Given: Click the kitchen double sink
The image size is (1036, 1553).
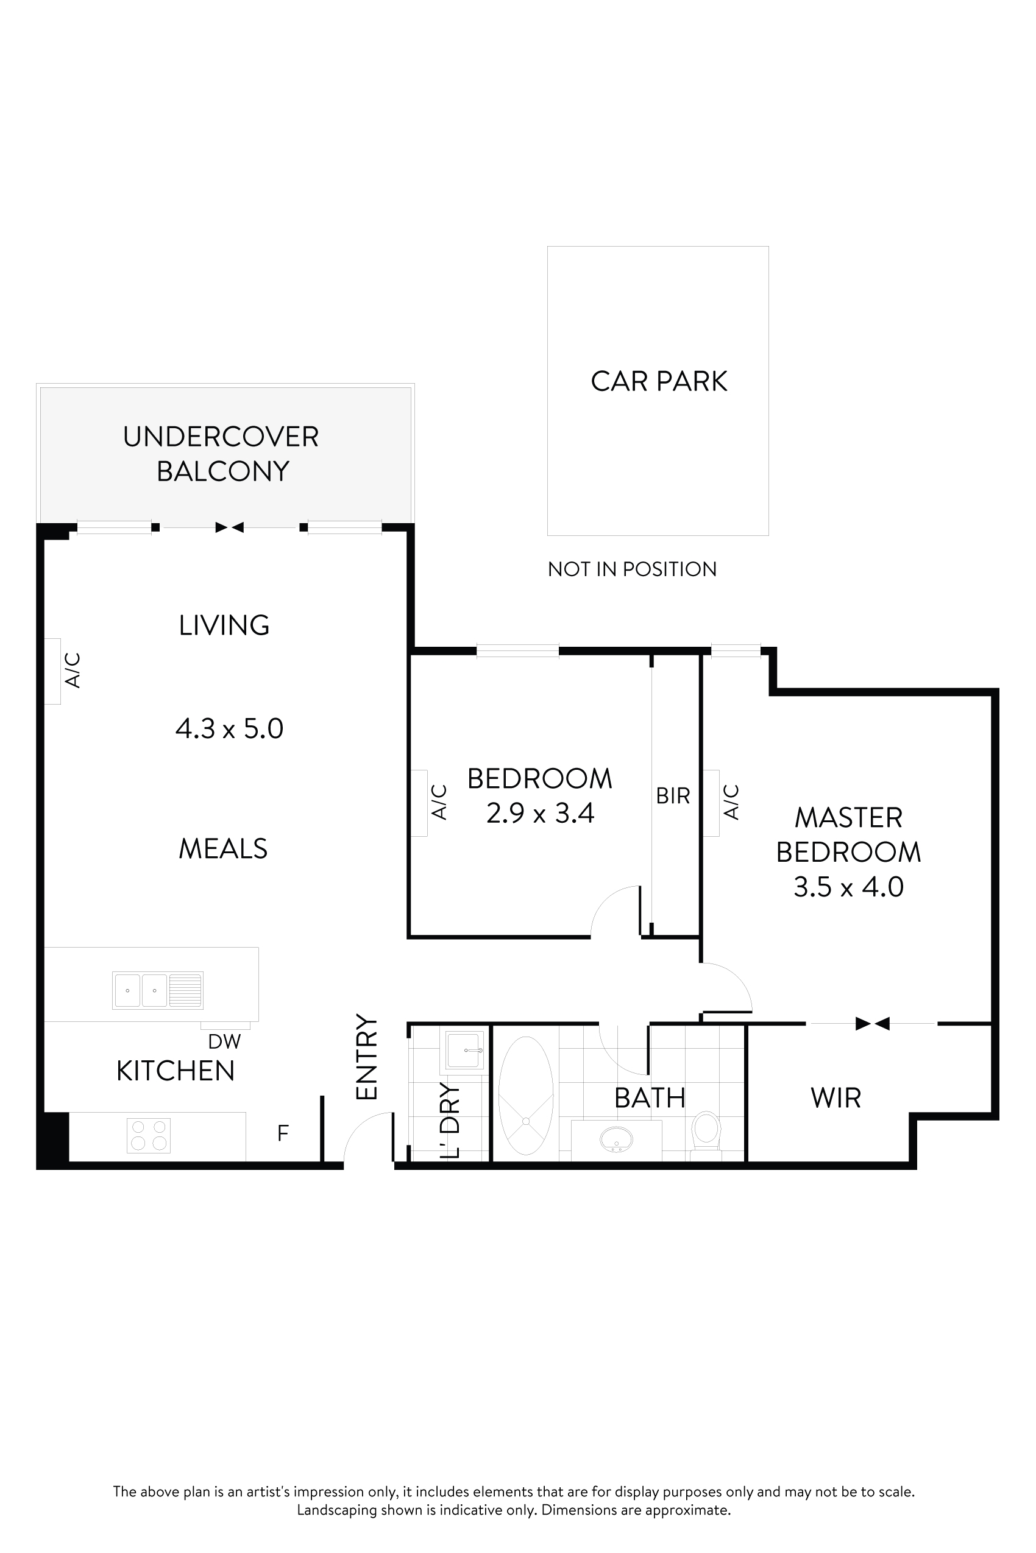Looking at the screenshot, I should pyautogui.click(x=157, y=990).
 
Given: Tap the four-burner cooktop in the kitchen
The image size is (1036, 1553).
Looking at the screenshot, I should pyautogui.click(x=149, y=1135).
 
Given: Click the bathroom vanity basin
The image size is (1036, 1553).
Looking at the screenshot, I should pyautogui.click(x=617, y=1139).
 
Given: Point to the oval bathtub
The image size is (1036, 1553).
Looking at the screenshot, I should pyautogui.click(x=526, y=1096).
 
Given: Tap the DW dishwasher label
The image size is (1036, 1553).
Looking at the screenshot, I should pyautogui.click(x=224, y=1041).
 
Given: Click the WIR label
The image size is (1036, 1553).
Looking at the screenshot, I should pyautogui.click(x=836, y=1098).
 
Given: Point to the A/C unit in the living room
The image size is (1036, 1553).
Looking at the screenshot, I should pyautogui.click(x=53, y=671).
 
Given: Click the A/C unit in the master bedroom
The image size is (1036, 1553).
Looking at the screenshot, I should pyautogui.click(x=711, y=803).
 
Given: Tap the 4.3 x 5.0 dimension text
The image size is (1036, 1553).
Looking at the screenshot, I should pyautogui.click(x=229, y=729).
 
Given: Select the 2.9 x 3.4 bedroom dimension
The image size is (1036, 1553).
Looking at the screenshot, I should pyautogui.click(x=540, y=813).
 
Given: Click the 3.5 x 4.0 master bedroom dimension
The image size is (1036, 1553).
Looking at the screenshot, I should pyautogui.click(x=848, y=887).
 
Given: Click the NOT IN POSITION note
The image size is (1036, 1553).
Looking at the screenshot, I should pyautogui.click(x=631, y=569).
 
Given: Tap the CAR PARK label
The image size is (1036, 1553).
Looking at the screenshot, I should pyautogui.click(x=659, y=381).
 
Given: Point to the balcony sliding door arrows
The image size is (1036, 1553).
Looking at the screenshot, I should pyautogui.click(x=230, y=527).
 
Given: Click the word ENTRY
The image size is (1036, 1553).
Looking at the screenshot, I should pyautogui.click(x=367, y=1057).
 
